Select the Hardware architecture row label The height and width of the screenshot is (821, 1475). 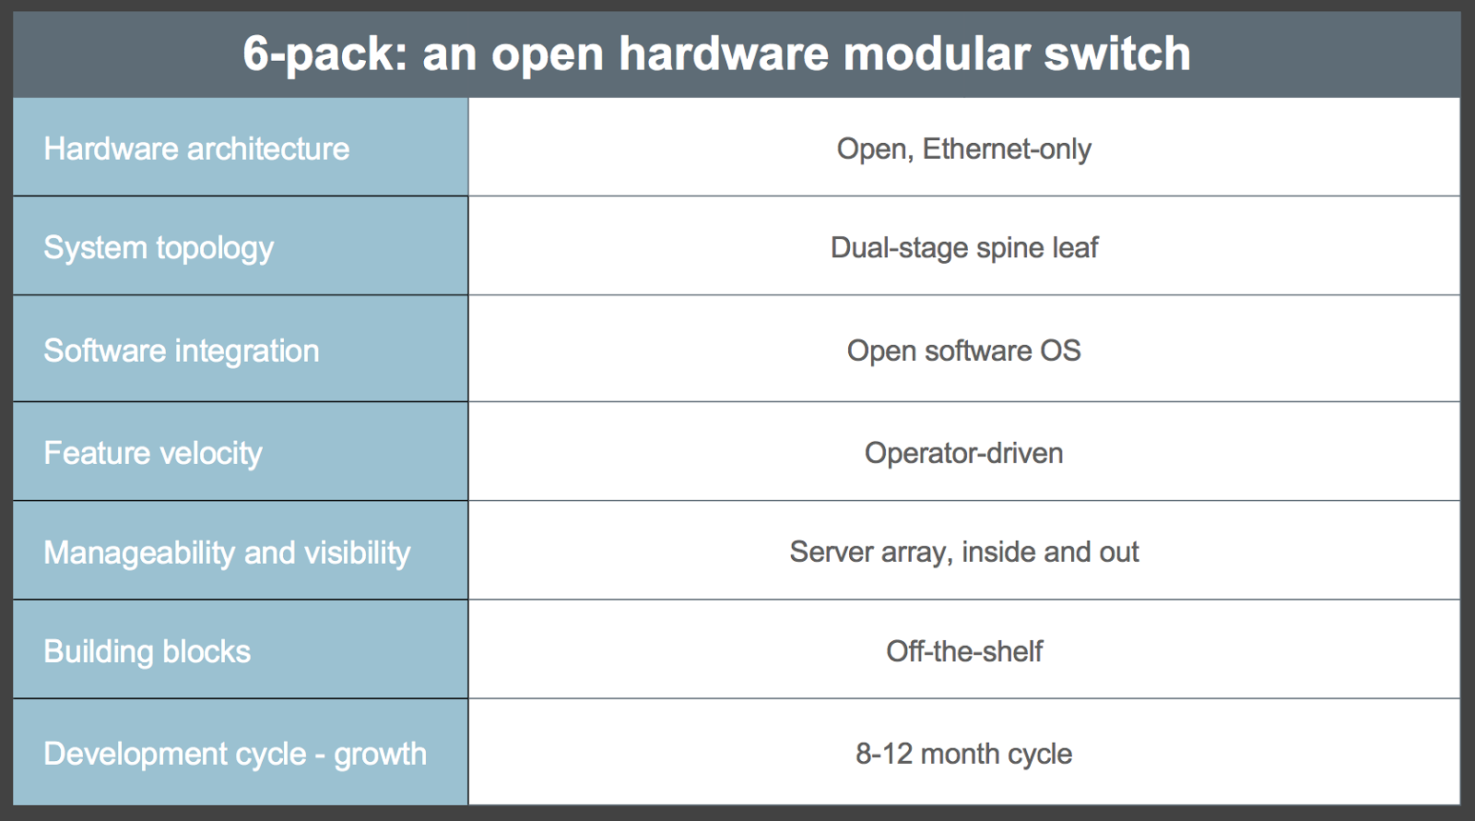click(x=196, y=149)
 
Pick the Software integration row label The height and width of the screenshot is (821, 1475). click(x=181, y=351)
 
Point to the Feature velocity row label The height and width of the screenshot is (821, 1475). click(x=153, y=454)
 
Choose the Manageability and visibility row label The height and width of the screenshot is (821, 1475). click(x=227, y=553)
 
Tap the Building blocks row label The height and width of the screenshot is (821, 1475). click(x=147, y=651)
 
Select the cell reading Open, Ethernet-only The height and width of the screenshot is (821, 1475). click(x=964, y=149)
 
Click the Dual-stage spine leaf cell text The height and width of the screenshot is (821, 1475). click(x=964, y=249)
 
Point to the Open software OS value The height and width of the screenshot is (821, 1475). click(x=964, y=351)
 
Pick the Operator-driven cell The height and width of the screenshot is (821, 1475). click(x=964, y=454)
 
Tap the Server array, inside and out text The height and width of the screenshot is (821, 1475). click(x=964, y=553)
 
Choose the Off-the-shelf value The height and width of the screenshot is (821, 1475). click(x=964, y=651)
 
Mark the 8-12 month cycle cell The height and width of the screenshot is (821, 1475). click(x=964, y=755)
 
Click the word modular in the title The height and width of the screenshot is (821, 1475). click(x=936, y=53)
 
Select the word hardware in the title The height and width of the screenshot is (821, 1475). click(x=724, y=53)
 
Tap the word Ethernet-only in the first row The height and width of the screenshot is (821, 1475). click(x=1007, y=149)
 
